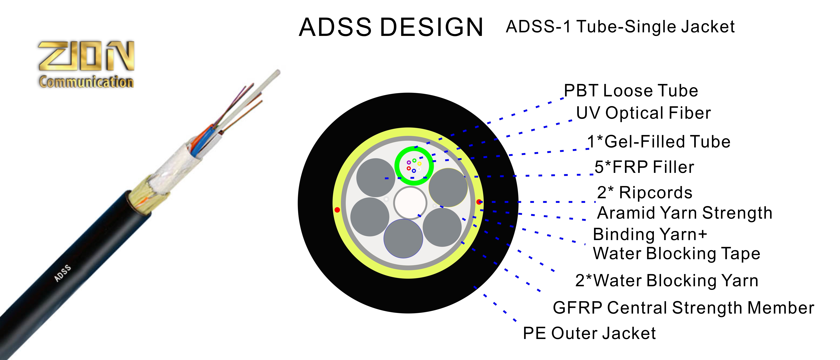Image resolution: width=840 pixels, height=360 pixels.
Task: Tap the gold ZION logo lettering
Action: [x=86, y=56]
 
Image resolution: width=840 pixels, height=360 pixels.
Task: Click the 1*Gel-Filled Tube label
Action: [x=659, y=142]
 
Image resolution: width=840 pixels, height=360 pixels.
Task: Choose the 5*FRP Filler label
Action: [x=644, y=167]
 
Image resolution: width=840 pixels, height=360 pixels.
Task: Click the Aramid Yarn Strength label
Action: [x=685, y=213]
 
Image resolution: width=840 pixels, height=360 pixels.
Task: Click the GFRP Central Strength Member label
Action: [x=683, y=308]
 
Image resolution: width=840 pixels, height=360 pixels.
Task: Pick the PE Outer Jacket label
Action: [x=589, y=333]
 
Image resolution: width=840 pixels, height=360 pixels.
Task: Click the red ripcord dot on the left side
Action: [x=337, y=210]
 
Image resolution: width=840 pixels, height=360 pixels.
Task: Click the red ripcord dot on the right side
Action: [x=479, y=202]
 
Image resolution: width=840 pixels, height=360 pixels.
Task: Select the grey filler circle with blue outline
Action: [x=403, y=238]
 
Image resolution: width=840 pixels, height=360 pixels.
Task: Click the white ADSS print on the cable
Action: [x=63, y=273]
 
